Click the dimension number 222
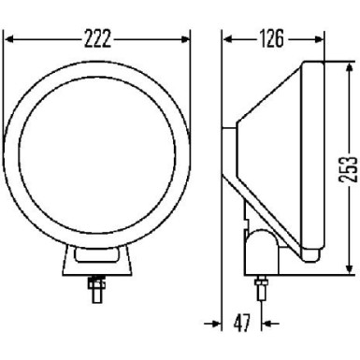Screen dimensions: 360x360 [97, 39]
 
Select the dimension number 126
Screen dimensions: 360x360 [272, 39]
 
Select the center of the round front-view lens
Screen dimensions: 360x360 [96, 155]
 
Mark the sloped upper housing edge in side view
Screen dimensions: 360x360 [271, 94]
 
